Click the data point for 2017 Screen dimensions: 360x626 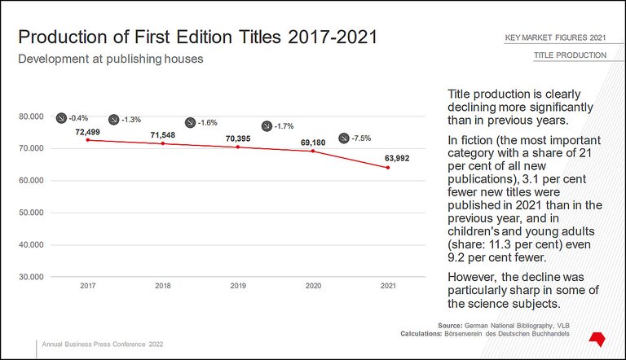pos(88,140)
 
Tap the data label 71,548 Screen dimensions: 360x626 pos(163,134)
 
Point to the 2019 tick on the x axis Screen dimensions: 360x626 pos(238,287)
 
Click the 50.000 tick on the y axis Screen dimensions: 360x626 pos(30,213)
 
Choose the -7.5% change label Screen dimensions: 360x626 pos(361,138)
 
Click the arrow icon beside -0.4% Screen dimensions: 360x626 pos(61,118)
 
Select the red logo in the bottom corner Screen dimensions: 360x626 pos(597,336)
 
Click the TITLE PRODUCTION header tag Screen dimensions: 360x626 pos(570,55)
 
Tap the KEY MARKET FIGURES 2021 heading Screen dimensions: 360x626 pos(555,38)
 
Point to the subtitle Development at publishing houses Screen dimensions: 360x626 pos(111,59)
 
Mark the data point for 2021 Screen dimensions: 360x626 pos(388,168)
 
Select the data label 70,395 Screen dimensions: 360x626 pos(238,138)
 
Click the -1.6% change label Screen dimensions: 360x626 pos(208,122)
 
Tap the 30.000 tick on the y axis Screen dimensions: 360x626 pos(30,277)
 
